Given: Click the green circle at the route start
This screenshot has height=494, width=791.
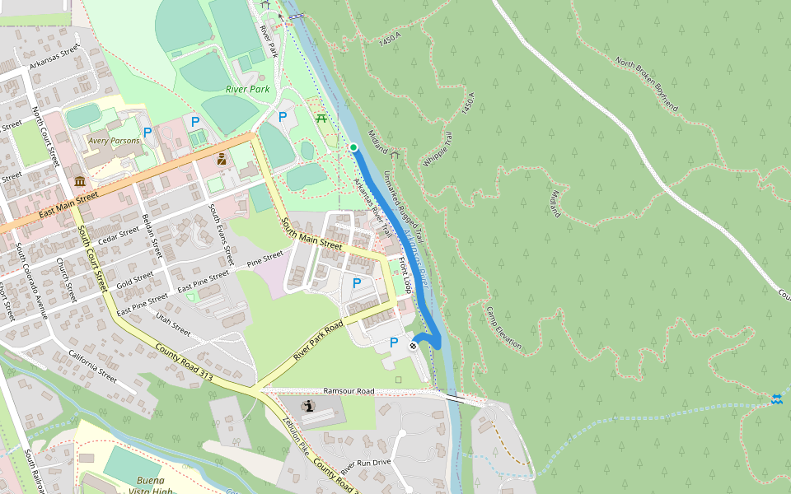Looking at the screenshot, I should tap(353, 147).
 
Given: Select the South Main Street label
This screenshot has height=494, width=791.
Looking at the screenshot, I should tap(311, 234).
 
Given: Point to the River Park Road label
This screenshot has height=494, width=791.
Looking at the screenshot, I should tap(318, 339).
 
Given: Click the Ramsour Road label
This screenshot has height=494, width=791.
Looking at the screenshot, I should tap(349, 391).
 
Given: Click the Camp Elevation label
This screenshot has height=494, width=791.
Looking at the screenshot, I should tap(503, 329).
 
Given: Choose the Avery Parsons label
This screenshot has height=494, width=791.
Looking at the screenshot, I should tap(114, 141).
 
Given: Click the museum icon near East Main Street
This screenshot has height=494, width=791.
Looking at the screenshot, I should tap(80, 181).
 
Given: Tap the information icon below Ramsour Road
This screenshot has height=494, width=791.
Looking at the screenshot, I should tap(308, 406).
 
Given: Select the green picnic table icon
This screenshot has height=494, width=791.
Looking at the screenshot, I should tap(321, 119).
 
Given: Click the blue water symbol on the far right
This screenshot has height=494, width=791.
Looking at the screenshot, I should tap(776, 398).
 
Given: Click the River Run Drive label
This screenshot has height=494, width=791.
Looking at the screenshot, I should tap(366, 466).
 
